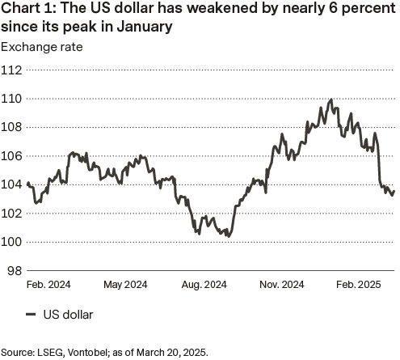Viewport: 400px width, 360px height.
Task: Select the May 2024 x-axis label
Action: (x=125, y=285)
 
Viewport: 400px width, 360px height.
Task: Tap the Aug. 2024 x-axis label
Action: (x=204, y=285)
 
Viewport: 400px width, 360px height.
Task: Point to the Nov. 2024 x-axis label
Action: (x=282, y=285)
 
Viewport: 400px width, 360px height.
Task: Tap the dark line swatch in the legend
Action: (x=32, y=315)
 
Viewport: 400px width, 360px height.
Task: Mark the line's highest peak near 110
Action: (x=331, y=100)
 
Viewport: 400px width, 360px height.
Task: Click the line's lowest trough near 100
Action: (x=229, y=237)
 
